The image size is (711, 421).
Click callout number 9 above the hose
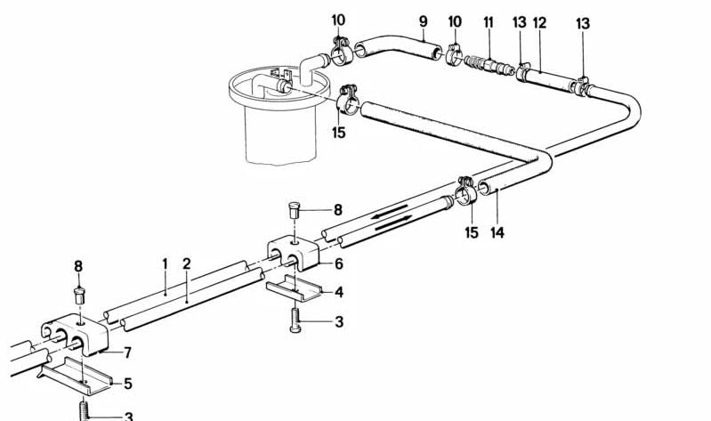point(423,20)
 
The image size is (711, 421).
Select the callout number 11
point(488,20)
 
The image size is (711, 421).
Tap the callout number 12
point(538,21)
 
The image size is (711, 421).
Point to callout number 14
point(497,232)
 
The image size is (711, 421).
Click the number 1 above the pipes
point(165,263)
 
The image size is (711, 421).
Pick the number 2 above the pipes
point(187,263)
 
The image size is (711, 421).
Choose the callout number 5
point(128,384)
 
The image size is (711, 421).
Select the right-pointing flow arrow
point(395,226)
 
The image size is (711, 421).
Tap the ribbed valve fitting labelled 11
point(483,65)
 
